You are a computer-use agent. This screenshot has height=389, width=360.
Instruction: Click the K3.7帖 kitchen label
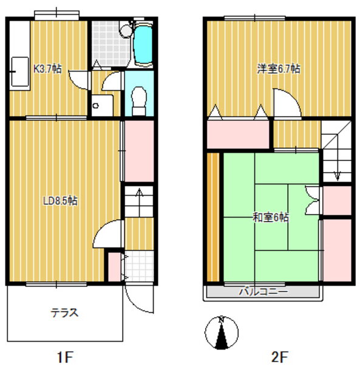[47, 69]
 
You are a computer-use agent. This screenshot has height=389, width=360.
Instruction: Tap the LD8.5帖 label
[61, 201]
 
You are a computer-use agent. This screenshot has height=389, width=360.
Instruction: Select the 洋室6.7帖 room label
[279, 69]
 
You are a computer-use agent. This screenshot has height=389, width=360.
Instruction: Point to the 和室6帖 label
[271, 218]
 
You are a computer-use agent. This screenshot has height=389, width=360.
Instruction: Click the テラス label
[65, 313]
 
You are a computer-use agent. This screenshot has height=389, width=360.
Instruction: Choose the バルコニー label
[263, 292]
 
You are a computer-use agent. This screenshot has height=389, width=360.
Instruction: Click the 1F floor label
[65, 357]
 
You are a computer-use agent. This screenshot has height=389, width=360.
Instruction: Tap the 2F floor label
[279, 357]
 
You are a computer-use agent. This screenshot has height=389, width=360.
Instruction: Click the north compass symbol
[222, 332]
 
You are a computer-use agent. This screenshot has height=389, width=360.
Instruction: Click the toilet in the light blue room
[139, 101]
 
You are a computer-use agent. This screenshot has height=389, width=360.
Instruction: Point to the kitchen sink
[20, 72]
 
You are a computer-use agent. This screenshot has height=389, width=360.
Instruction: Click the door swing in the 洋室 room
[287, 103]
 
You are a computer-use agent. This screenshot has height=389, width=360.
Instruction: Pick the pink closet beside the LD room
[139, 151]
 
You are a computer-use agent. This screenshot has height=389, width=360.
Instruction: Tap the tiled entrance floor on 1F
[139, 266]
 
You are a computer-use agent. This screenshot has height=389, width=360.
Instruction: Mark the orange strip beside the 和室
[213, 217]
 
